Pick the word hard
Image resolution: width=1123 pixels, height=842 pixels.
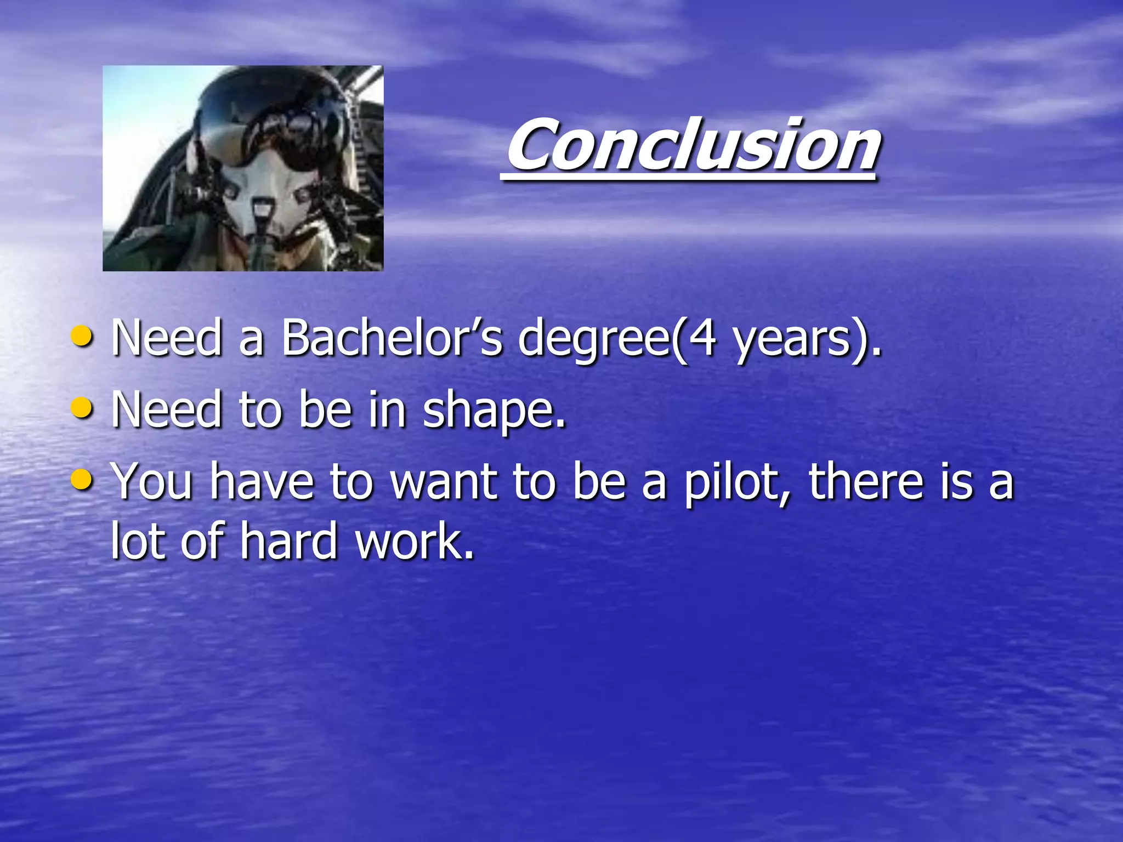tap(288, 542)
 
